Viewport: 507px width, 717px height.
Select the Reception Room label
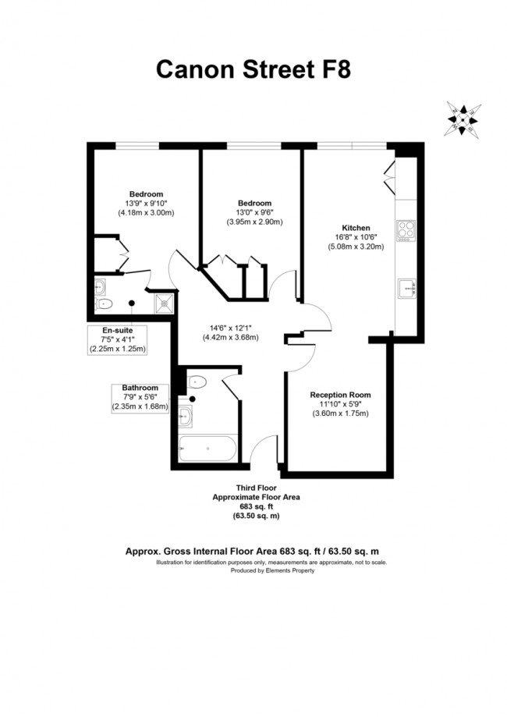[x=340, y=395]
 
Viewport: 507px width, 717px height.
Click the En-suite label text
[x=117, y=330]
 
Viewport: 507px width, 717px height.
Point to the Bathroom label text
[x=140, y=388]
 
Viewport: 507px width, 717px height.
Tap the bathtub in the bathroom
[x=207, y=449]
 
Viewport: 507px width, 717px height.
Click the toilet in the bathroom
[x=197, y=382]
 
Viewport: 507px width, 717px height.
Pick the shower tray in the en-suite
[x=165, y=303]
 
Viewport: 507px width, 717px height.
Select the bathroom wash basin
[x=186, y=417]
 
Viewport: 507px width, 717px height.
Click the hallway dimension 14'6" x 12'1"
[x=231, y=328]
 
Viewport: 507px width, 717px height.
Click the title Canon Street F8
[x=253, y=69]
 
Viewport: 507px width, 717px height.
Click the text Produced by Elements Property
[x=272, y=570]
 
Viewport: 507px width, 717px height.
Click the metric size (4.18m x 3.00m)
[x=146, y=212]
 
